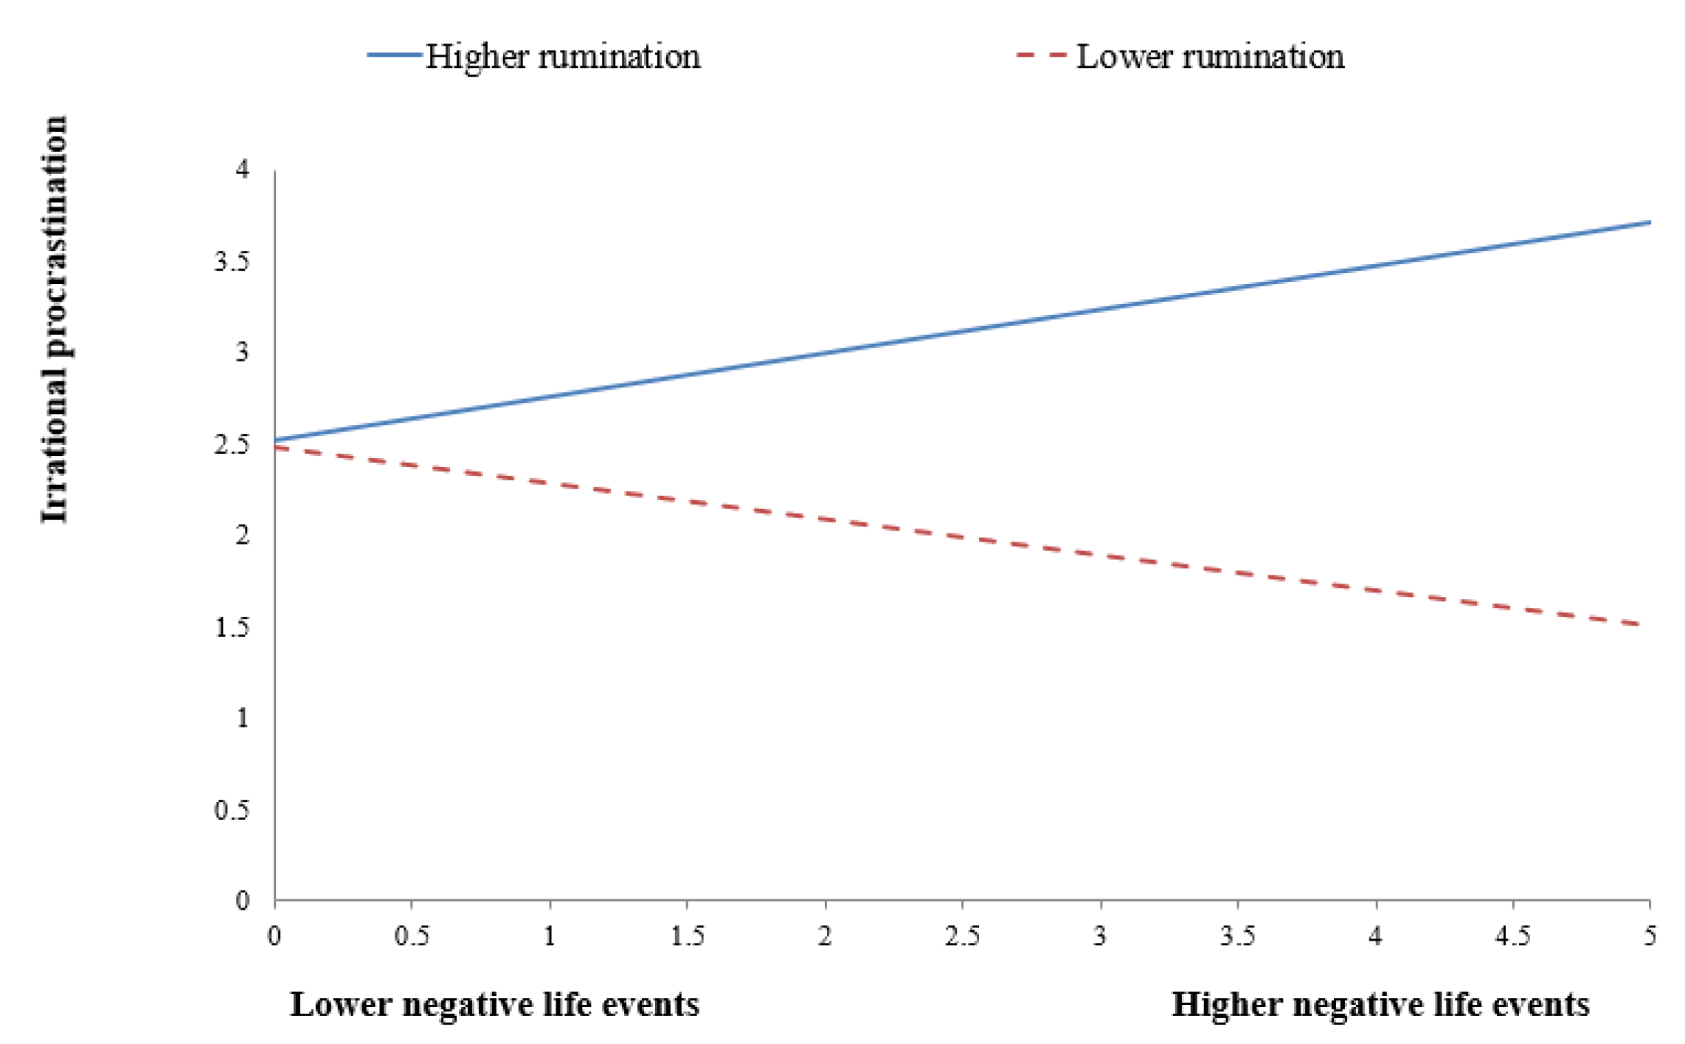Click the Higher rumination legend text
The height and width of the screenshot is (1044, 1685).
click(562, 57)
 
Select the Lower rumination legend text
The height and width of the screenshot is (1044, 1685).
click(1210, 57)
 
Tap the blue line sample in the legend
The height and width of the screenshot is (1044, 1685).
click(395, 55)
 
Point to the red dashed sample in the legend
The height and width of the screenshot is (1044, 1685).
click(1041, 55)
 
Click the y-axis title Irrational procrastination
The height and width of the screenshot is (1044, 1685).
click(55, 319)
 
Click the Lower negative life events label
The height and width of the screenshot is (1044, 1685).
click(494, 1005)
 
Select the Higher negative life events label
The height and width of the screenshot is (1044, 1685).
click(1380, 1005)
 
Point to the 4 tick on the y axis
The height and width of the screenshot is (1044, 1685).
click(243, 170)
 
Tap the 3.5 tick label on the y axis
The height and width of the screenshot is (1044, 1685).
click(232, 261)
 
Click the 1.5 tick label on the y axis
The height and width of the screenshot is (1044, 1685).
click(232, 627)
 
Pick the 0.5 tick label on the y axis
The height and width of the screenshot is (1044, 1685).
click(232, 810)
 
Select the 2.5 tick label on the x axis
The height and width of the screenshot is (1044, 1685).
click(962, 936)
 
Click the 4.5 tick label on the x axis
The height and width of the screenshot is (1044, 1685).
click(1512, 936)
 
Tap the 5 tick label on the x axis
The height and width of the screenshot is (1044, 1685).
click(1650, 936)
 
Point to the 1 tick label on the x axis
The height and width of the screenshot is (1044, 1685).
click(550, 936)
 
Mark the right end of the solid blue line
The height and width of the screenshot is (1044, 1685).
click(1649, 222)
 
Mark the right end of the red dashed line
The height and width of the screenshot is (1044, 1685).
click(1639, 624)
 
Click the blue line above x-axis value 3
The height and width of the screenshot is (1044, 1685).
click(1100, 309)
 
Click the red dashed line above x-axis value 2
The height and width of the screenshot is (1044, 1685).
click(826, 520)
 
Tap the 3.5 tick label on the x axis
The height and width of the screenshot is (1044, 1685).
click(1237, 936)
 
